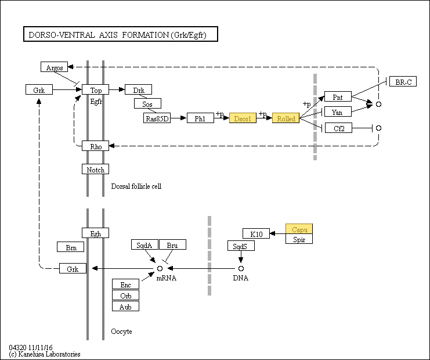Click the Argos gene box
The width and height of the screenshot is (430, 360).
click(55, 67)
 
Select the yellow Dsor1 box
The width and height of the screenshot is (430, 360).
click(243, 118)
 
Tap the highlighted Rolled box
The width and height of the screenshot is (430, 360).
click(286, 118)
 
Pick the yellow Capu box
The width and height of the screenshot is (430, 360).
click(299, 229)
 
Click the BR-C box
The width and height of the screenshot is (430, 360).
click(403, 81)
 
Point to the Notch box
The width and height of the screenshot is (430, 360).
click(95, 170)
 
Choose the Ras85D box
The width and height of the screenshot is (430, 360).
click(157, 118)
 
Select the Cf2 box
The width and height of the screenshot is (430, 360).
click(339, 128)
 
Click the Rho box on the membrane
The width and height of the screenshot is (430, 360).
click(95, 146)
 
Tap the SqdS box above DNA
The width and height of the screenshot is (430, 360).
click(241, 246)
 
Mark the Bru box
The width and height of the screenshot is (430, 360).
click(173, 245)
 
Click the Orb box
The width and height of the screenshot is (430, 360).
click(125, 295)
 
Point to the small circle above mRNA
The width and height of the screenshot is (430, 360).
click(160, 268)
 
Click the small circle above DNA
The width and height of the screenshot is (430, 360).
click(241, 268)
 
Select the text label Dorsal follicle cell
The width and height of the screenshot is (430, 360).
click(136, 186)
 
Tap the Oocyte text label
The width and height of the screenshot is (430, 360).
click(121, 332)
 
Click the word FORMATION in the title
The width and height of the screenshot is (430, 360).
click(145, 35)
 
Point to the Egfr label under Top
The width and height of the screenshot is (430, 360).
click(96, 102)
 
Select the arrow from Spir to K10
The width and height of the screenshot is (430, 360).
click(278, 234)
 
